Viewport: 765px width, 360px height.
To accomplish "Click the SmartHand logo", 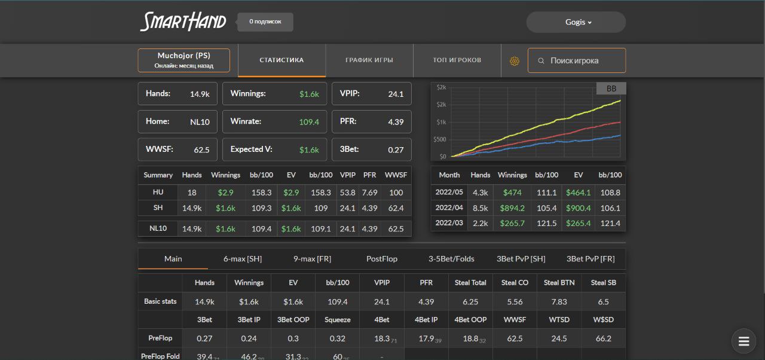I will pyautogui.click(x=183, y=22).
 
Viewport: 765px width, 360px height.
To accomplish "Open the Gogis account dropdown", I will pyautogui.click(x=576, y=22).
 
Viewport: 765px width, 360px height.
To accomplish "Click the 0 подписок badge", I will pyautogui.click(x=265, y=22).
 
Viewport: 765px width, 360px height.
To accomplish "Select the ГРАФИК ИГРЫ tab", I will pyautogui.click(x=369, y=60).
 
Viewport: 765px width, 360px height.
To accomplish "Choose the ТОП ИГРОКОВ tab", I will pyautogui.click(x=457, y=60).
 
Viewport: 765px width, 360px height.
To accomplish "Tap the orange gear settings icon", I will pyautogui.click(x=515, y=61).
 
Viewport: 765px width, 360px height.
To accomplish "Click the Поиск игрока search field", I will pyautogui.click(x=577, y=60).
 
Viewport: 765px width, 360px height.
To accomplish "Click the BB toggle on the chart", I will pyautogui.click(x=611, y=89).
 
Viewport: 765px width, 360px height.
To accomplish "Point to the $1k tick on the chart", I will pyautogui.click(x=441, y=122).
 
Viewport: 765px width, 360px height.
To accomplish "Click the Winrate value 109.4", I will pyautogui.click(x=309, y=122).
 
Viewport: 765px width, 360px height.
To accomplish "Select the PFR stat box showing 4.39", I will pyautogui.click(x=372, y=121).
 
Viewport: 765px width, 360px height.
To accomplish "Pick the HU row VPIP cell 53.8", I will pyautogui.click(x=347, y=193).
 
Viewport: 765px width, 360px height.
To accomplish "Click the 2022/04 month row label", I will pyautogui.click(x=449, y=208).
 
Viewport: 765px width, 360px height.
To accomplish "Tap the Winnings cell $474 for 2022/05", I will pyautogui.click(x=512, y=193).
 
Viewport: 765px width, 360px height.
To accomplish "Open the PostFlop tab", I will pyautogui.click(x=382, y=259).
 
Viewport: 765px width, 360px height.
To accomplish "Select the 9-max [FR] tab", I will pyautogui.click(x=312, y=259).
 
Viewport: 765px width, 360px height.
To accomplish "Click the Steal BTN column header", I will pyautogui.click(x=559, y=283).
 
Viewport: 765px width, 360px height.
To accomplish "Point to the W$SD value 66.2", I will pyautogui.click(x=603, y=338).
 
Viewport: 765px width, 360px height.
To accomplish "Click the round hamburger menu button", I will pyautogui.click(x=743, y=341).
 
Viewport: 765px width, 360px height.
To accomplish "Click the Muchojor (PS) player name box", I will pyautogui.click(x=183, y=60).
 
